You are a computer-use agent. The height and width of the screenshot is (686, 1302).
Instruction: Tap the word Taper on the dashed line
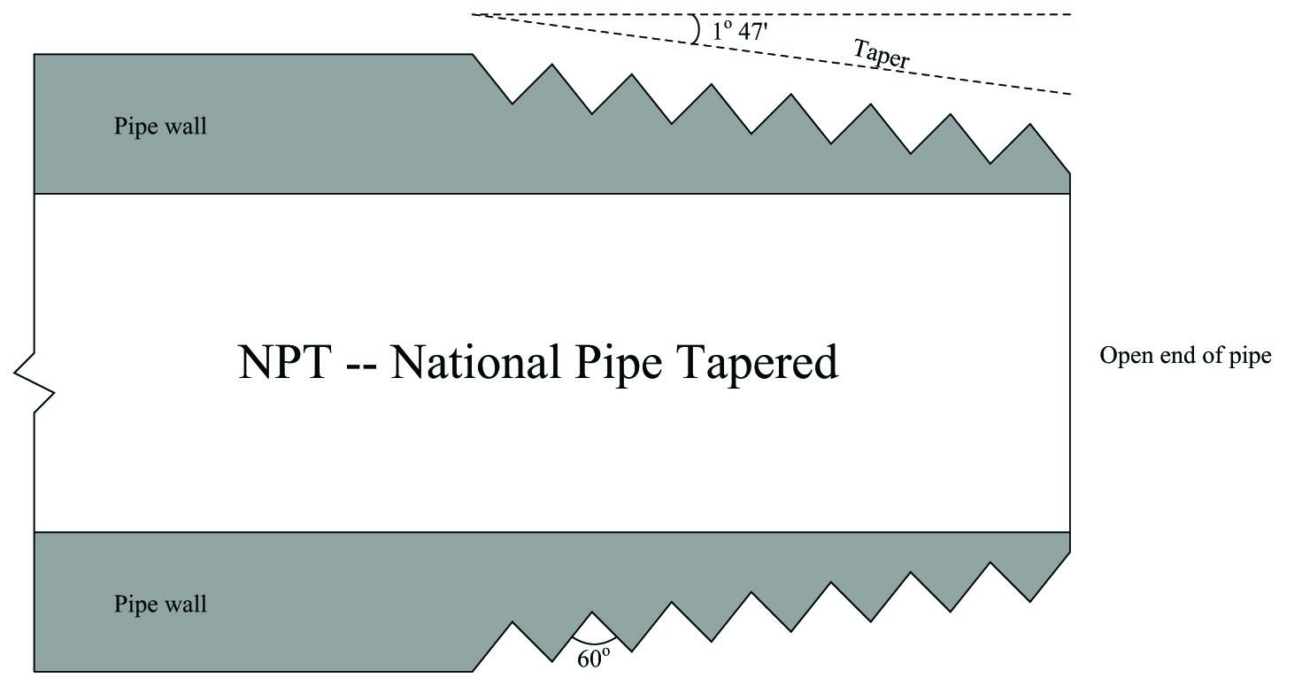(x=881, y=54)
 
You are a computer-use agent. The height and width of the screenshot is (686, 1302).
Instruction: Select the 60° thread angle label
(x=593, y=658)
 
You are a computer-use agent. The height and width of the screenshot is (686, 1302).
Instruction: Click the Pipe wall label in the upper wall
(x=160, y=127)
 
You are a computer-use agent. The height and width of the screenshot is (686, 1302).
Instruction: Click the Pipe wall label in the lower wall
(x=160, y=604)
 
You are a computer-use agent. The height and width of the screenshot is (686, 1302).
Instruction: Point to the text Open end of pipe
(x=1185, y=356)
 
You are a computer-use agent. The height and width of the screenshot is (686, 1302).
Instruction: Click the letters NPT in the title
(x=285, y=362)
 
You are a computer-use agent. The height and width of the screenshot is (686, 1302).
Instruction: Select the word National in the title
(x=476, y=362)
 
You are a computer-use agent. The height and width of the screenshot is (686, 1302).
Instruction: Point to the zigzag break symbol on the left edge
(x=34, y=382)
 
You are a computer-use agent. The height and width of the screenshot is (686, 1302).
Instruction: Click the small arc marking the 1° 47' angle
(x=696, y=29)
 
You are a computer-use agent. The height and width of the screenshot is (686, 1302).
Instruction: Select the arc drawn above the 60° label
(x=593, y=641)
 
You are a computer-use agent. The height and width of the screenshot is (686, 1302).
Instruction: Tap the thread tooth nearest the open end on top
(x=1030, y=145)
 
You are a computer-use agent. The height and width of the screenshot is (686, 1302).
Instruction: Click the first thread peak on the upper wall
(x=551, y=66)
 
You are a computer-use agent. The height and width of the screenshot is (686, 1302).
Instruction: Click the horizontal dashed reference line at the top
(x=771, y=14)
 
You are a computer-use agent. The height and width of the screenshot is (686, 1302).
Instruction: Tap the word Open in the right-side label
(x=1127, y=356)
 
